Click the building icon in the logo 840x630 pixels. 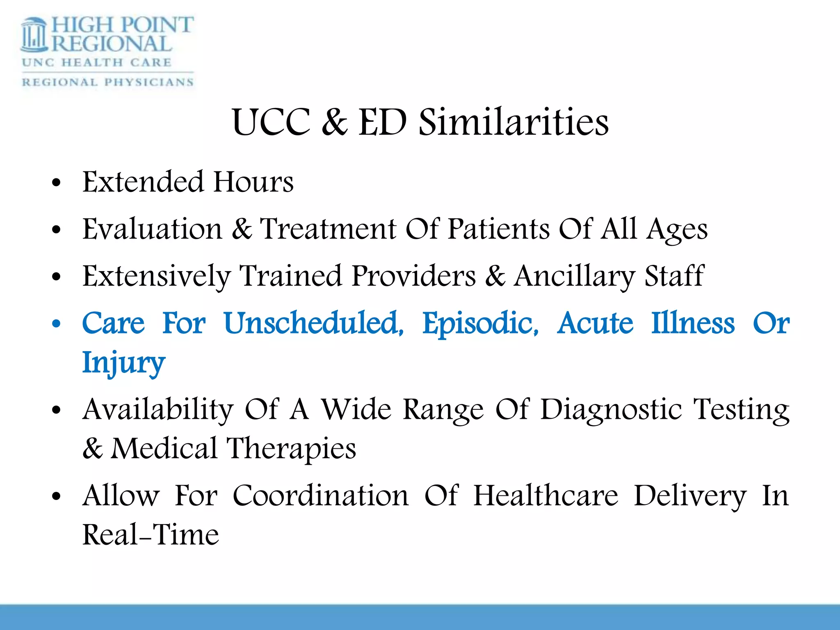pos(34,35)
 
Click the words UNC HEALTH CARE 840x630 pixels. pos(97,63)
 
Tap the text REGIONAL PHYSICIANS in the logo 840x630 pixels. pos(107,82)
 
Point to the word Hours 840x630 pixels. pos(253,182)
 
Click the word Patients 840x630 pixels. pos(498,229)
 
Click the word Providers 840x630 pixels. pos(414,276)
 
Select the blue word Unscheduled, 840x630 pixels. pos(314,324)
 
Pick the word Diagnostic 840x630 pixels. pos(611,410)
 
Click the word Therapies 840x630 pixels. pos(291,449)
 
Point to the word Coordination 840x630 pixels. pos(320,496)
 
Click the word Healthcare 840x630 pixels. pos(546,496)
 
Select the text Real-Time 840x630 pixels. pos(151,535)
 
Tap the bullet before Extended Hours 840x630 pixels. pos(56,183)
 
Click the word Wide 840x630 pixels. pos(356,410)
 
